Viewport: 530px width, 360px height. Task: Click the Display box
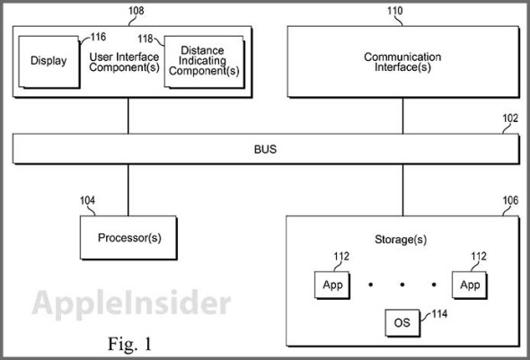click(x=49, y=61)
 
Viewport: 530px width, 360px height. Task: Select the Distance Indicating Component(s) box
click(x=203, y=63)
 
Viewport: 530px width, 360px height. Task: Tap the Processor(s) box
click(x=129, y=239)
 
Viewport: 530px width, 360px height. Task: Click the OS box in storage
click(x=401, y=321)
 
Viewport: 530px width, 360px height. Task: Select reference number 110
click(x=393, y=12)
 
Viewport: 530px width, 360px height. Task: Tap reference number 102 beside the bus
click(x=509, y=117)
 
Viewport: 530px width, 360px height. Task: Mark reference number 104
click(x=87, y=201)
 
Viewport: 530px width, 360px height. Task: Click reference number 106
click(x=509, y=201)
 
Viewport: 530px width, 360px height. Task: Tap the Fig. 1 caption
click(x=129, y=342)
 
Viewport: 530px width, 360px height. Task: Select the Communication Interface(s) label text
click(x=402, y=63)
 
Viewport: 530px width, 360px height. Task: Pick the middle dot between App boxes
click(x=402, y=285)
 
